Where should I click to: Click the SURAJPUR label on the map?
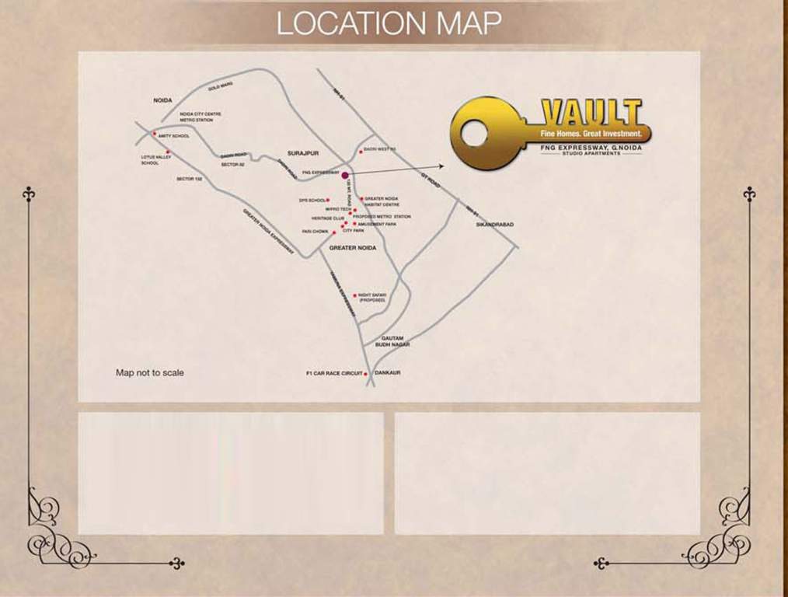pyautogui.click(x=303, y=154)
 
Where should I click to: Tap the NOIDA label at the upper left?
pyautogui.click(x=162, y=101)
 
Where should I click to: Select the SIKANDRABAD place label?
pyautogui.click(x=495, y=224)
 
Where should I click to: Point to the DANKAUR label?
pyautogui.click(x=387, y=373)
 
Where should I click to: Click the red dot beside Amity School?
pyautogui.click(x=155, y=134)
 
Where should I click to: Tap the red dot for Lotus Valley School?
pyautogui.click(x=167, y=153)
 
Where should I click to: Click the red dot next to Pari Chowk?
pyautogui.click(x=334, y=232)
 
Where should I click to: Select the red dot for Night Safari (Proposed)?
pyautogui.click(x=355, y=295)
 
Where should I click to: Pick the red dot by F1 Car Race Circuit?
pyautogui.click(x=366, y=374)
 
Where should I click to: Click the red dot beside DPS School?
pyautogui.click(x=328, y=201)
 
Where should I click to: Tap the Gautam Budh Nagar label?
pyautogui.click(x=392, y=340)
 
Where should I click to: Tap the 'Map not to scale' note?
pyautogui.click(x=150, y=373)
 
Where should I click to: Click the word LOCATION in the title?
pyautogui.click(x=344, y=23)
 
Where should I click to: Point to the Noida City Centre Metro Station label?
pyautogui.click(x=200, y=117)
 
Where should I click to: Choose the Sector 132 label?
pyautogui.click(x=189, y=179)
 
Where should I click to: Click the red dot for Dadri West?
pyautogui.click(x=360, y=151)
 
